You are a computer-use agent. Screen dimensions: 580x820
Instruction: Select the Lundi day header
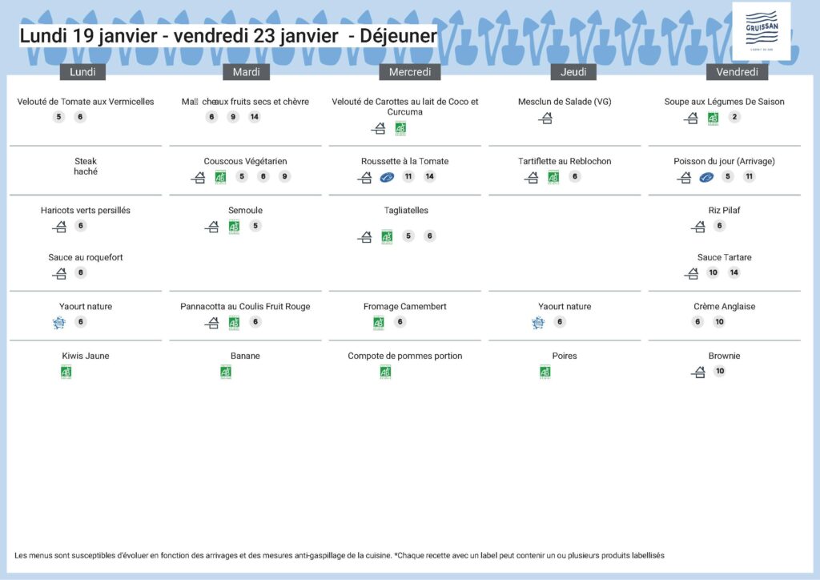(83, 72)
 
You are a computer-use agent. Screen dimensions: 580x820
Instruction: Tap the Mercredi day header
(410, 72)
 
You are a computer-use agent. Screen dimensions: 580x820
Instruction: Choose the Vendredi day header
(737, 72)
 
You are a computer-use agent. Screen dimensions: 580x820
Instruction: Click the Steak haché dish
(86, 167)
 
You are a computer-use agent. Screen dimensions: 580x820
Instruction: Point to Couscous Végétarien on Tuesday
(245, 162)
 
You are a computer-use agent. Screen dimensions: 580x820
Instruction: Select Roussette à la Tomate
(404, 162)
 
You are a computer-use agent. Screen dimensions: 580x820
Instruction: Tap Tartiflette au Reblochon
(565, 162)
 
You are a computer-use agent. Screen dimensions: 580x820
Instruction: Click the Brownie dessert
(724, 356)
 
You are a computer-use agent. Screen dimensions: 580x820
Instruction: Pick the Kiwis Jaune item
(86, 356)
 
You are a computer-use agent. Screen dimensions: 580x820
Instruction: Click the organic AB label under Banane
(226, 372)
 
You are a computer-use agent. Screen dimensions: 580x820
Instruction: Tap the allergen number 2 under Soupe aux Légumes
(734, 117)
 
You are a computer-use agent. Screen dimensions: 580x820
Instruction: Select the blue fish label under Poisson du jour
(705, 177)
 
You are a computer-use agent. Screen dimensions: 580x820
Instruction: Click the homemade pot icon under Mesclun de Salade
(545, 119)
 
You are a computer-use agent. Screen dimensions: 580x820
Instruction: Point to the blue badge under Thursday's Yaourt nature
(538, 322)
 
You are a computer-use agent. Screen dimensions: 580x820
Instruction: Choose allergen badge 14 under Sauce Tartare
(734, 272)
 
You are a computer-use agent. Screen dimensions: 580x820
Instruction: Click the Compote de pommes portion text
(404, 356)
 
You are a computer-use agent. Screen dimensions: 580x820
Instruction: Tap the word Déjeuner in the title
(398, 36)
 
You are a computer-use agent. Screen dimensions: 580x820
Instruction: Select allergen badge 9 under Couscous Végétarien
(284, 177)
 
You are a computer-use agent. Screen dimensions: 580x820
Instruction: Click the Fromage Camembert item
(404, 307)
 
